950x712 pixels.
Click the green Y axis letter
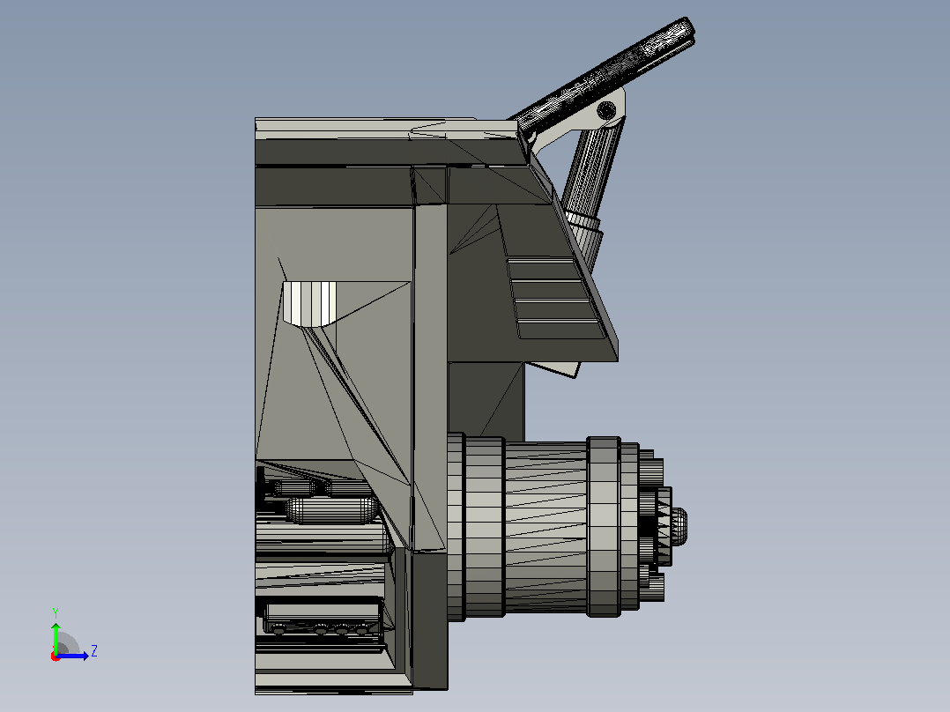point(56,613)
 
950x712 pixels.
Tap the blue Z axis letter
point(94,651)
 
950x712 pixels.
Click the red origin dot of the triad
point(56,656)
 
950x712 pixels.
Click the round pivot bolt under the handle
point(606,110)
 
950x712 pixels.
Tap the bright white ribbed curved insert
point(309,303)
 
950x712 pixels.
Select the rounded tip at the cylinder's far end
point(679,526)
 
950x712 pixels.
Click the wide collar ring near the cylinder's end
point(604,527)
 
